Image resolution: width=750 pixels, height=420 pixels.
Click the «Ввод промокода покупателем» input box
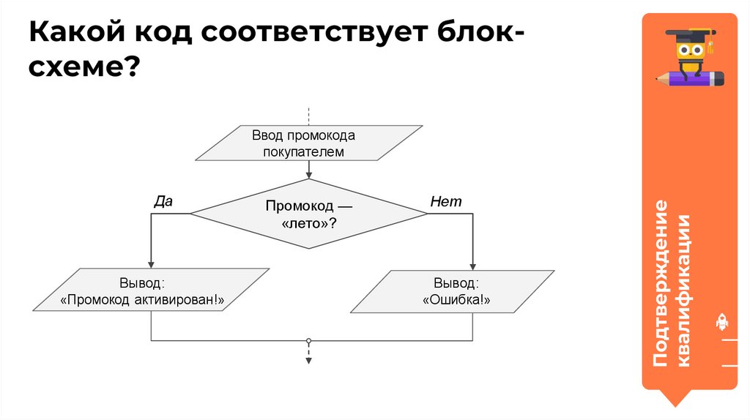[308, 143]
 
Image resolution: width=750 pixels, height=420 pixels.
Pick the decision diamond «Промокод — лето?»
[308, 214]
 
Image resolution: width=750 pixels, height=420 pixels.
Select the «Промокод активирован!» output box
[151, 290]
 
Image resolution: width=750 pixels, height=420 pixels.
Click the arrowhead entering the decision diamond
[309, 175]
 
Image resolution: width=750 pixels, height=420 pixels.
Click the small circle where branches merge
[309, 341]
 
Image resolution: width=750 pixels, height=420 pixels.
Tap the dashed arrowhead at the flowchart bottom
[309, 360]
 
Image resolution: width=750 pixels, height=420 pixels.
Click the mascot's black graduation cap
[688, 34]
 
